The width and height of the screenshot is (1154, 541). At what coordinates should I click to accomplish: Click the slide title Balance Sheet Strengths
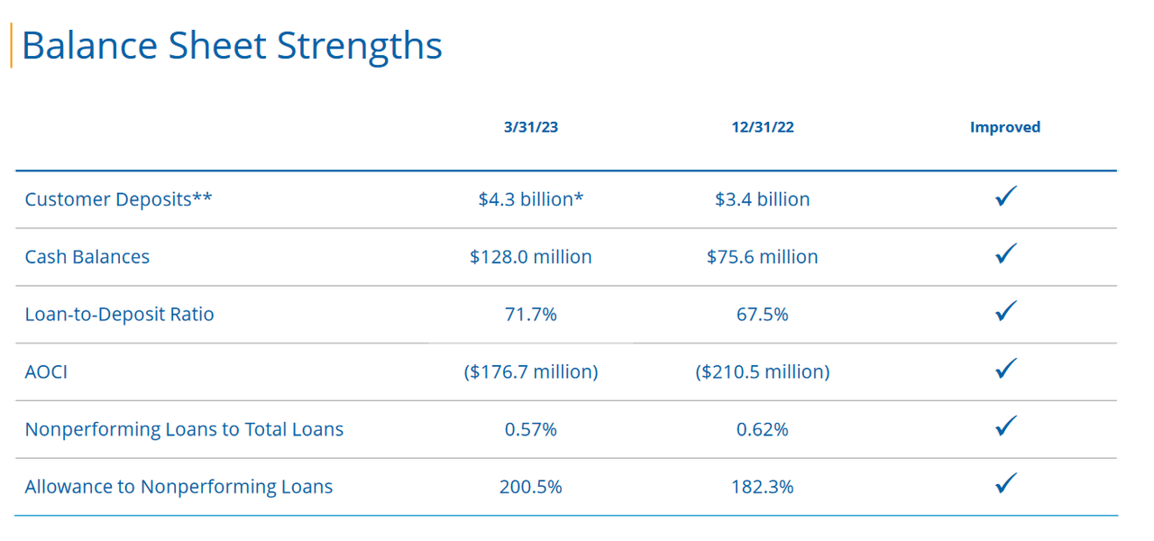pos(232,46)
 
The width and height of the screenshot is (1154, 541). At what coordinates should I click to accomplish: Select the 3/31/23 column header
pos(530,127)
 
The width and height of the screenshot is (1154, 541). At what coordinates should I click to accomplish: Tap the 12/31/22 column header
pos(762,127)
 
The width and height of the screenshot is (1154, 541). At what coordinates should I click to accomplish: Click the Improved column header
pos(1004,127)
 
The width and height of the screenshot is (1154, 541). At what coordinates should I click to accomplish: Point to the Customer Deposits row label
pos(118,199)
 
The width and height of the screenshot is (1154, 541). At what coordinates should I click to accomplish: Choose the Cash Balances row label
pos(87,257)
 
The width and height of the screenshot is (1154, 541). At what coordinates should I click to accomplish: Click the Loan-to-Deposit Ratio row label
pos(119,315)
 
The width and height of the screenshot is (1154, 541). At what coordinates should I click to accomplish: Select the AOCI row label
pos(46,371)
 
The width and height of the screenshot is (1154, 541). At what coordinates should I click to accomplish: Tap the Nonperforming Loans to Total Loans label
pos(184,429)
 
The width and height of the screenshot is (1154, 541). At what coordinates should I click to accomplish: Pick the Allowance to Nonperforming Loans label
pos(179,487)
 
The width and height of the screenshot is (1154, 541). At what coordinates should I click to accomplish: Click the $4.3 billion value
pos(530,199)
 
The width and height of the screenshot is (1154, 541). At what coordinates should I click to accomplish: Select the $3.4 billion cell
pos(762,199)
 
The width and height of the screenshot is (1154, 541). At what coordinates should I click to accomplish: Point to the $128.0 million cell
pos(530,257)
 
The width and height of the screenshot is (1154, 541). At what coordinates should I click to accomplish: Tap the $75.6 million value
pos(762,257)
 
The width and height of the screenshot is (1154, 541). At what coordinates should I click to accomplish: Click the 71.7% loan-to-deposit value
pos(530,315)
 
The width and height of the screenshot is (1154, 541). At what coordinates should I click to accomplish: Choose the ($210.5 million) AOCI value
pos(762,371)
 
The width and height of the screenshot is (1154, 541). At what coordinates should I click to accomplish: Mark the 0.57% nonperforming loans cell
pos(530,429)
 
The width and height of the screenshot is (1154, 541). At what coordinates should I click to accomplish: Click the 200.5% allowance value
pos(530,487)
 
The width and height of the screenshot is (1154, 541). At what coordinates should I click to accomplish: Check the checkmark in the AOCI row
pos(1006,368)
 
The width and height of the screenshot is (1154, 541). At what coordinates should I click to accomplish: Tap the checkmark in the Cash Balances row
pos(1006,253)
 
